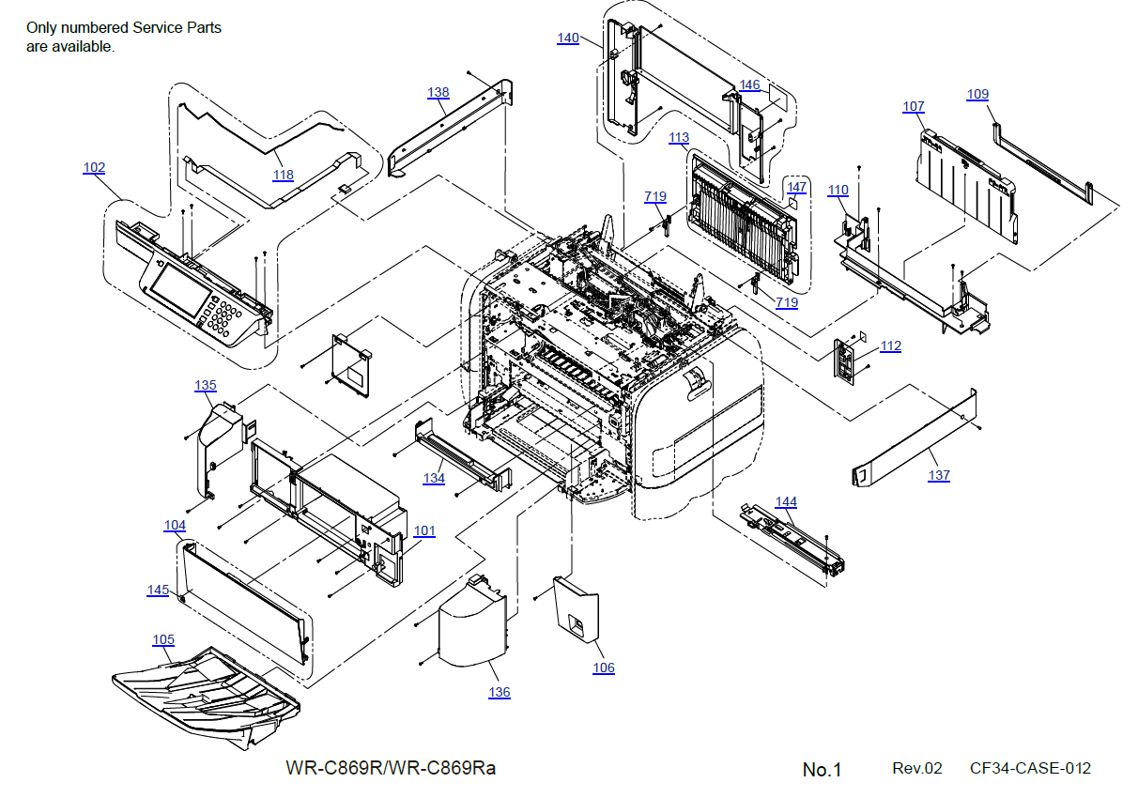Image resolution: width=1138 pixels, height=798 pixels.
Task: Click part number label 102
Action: [94, 168]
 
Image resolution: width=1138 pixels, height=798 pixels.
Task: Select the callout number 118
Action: [283, 175]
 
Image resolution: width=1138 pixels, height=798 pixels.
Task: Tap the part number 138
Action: [438, 93]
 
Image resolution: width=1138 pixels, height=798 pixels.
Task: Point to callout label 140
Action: [568, 38]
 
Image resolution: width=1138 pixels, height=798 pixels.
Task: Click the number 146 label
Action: [749, 85]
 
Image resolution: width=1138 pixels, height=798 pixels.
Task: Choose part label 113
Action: [679, 137]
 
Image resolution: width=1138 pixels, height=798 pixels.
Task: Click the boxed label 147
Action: [796, 187]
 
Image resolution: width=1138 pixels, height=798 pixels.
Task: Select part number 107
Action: [914, 107]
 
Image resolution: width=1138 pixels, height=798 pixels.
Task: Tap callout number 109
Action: [977, 94]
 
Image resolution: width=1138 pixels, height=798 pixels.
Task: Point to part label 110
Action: [838, 191]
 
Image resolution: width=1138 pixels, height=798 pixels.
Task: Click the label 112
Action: [890, 346]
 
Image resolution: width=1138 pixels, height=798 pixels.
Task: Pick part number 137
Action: [939, 475]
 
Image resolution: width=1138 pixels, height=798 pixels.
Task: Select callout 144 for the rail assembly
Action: [786, 501]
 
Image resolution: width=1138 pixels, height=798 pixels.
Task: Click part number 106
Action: [604, 668]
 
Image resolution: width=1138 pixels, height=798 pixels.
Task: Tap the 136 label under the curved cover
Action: [500, 692]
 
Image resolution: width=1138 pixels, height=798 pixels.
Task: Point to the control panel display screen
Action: [177, 289]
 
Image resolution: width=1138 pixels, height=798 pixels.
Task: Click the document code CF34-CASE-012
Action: [1030, 768]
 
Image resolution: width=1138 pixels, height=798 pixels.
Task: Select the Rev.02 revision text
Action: [916, 768]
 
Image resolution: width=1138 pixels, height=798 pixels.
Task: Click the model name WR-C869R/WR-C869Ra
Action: [391, 768]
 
